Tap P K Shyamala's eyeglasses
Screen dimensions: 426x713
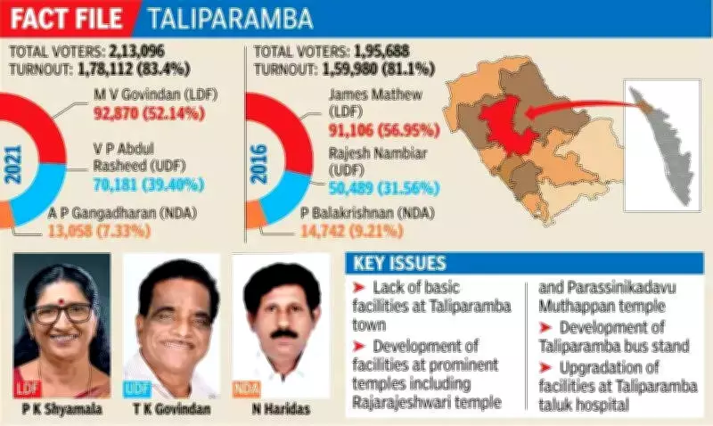[x=62, y=313]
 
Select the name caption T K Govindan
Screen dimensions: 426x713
[x=170, y=410]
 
